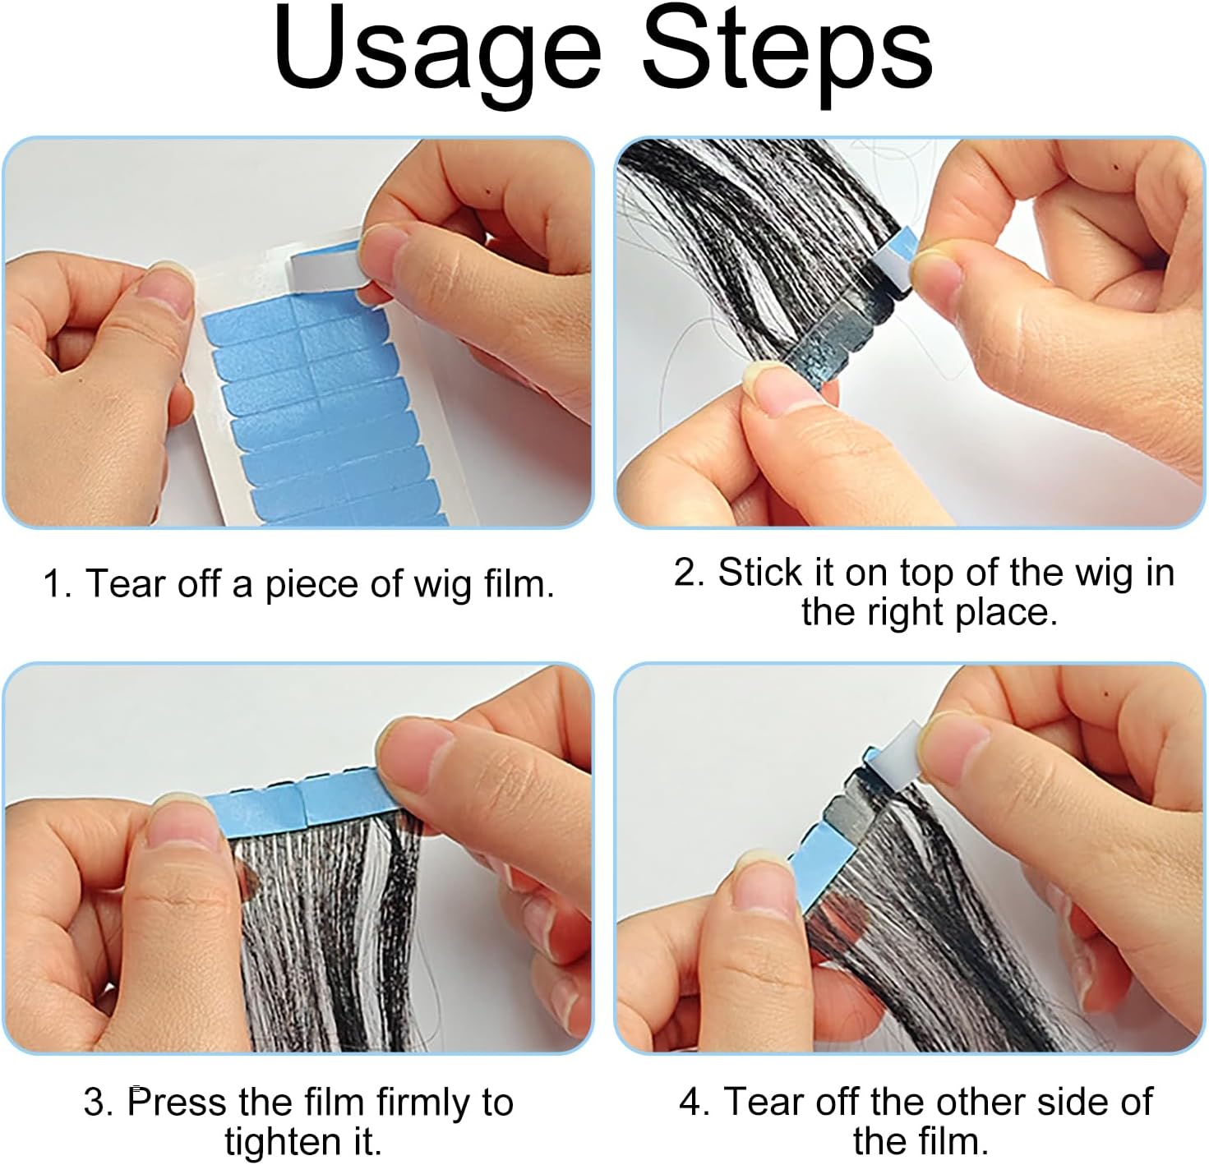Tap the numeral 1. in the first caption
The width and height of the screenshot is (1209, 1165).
(x=58, y=584)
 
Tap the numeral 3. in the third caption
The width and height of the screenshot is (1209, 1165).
(x=98, y=1103)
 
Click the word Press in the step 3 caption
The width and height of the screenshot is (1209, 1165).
(x=168, y=1103)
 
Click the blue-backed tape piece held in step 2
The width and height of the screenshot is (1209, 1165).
(x=895, y=261)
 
